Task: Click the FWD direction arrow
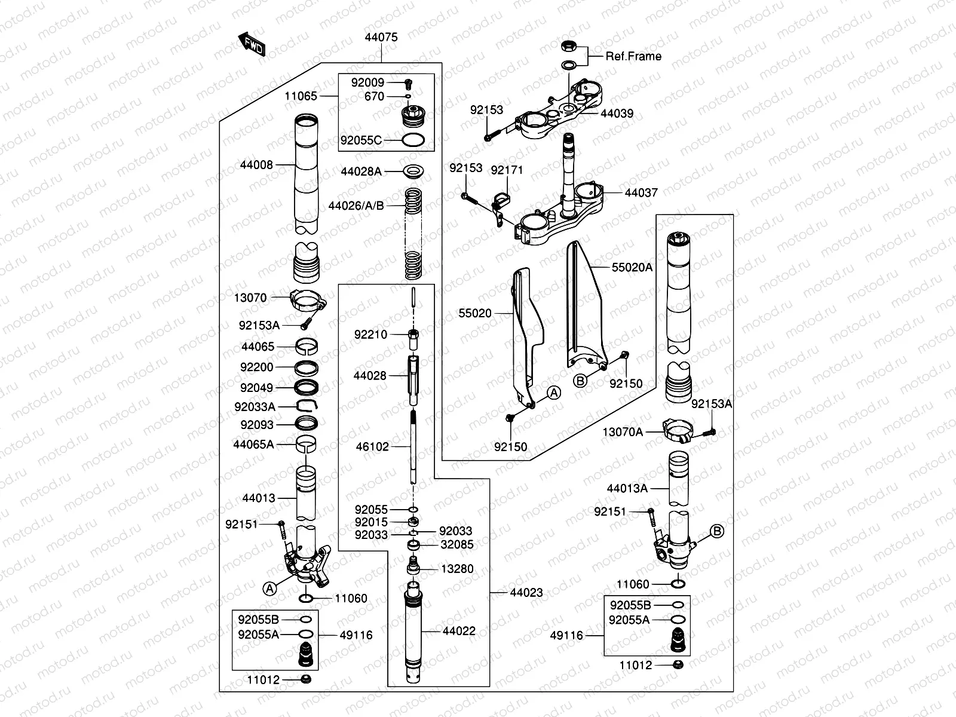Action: pyautogui.click(x=252, y=45)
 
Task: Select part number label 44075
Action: pyautogui.click(x=381, y=37)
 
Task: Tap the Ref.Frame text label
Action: pyautogui.click(x=633, y=56)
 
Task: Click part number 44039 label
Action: pyautogui.click(x=617, y=114)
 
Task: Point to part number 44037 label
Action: pyautogui.click(x=641, y=193)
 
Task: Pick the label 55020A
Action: pyautogui.click(x=632, y=268)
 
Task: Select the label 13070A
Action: pyautogui.click(x=623, y=432)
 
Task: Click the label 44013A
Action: pyautogui.click(x=627, y=488)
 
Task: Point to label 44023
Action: pyautogui.click(x=526, y=593)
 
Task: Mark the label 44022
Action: pyautogui.click(x=459, y=631)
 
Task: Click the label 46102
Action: pyautogui.click(x=372, y=446)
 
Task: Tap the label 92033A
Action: pyautogui.click(x=255, y=407)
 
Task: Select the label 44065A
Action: pyautogui.click(x=253, y=444)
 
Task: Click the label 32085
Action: pyautogui.click(x=457, y=544)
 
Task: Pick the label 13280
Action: pyautogui.click(x=457, y=569)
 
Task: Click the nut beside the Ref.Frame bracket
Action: pyautogui.click(x=568, y=46)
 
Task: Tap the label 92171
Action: pyautogui.click(x=507, y=170)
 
